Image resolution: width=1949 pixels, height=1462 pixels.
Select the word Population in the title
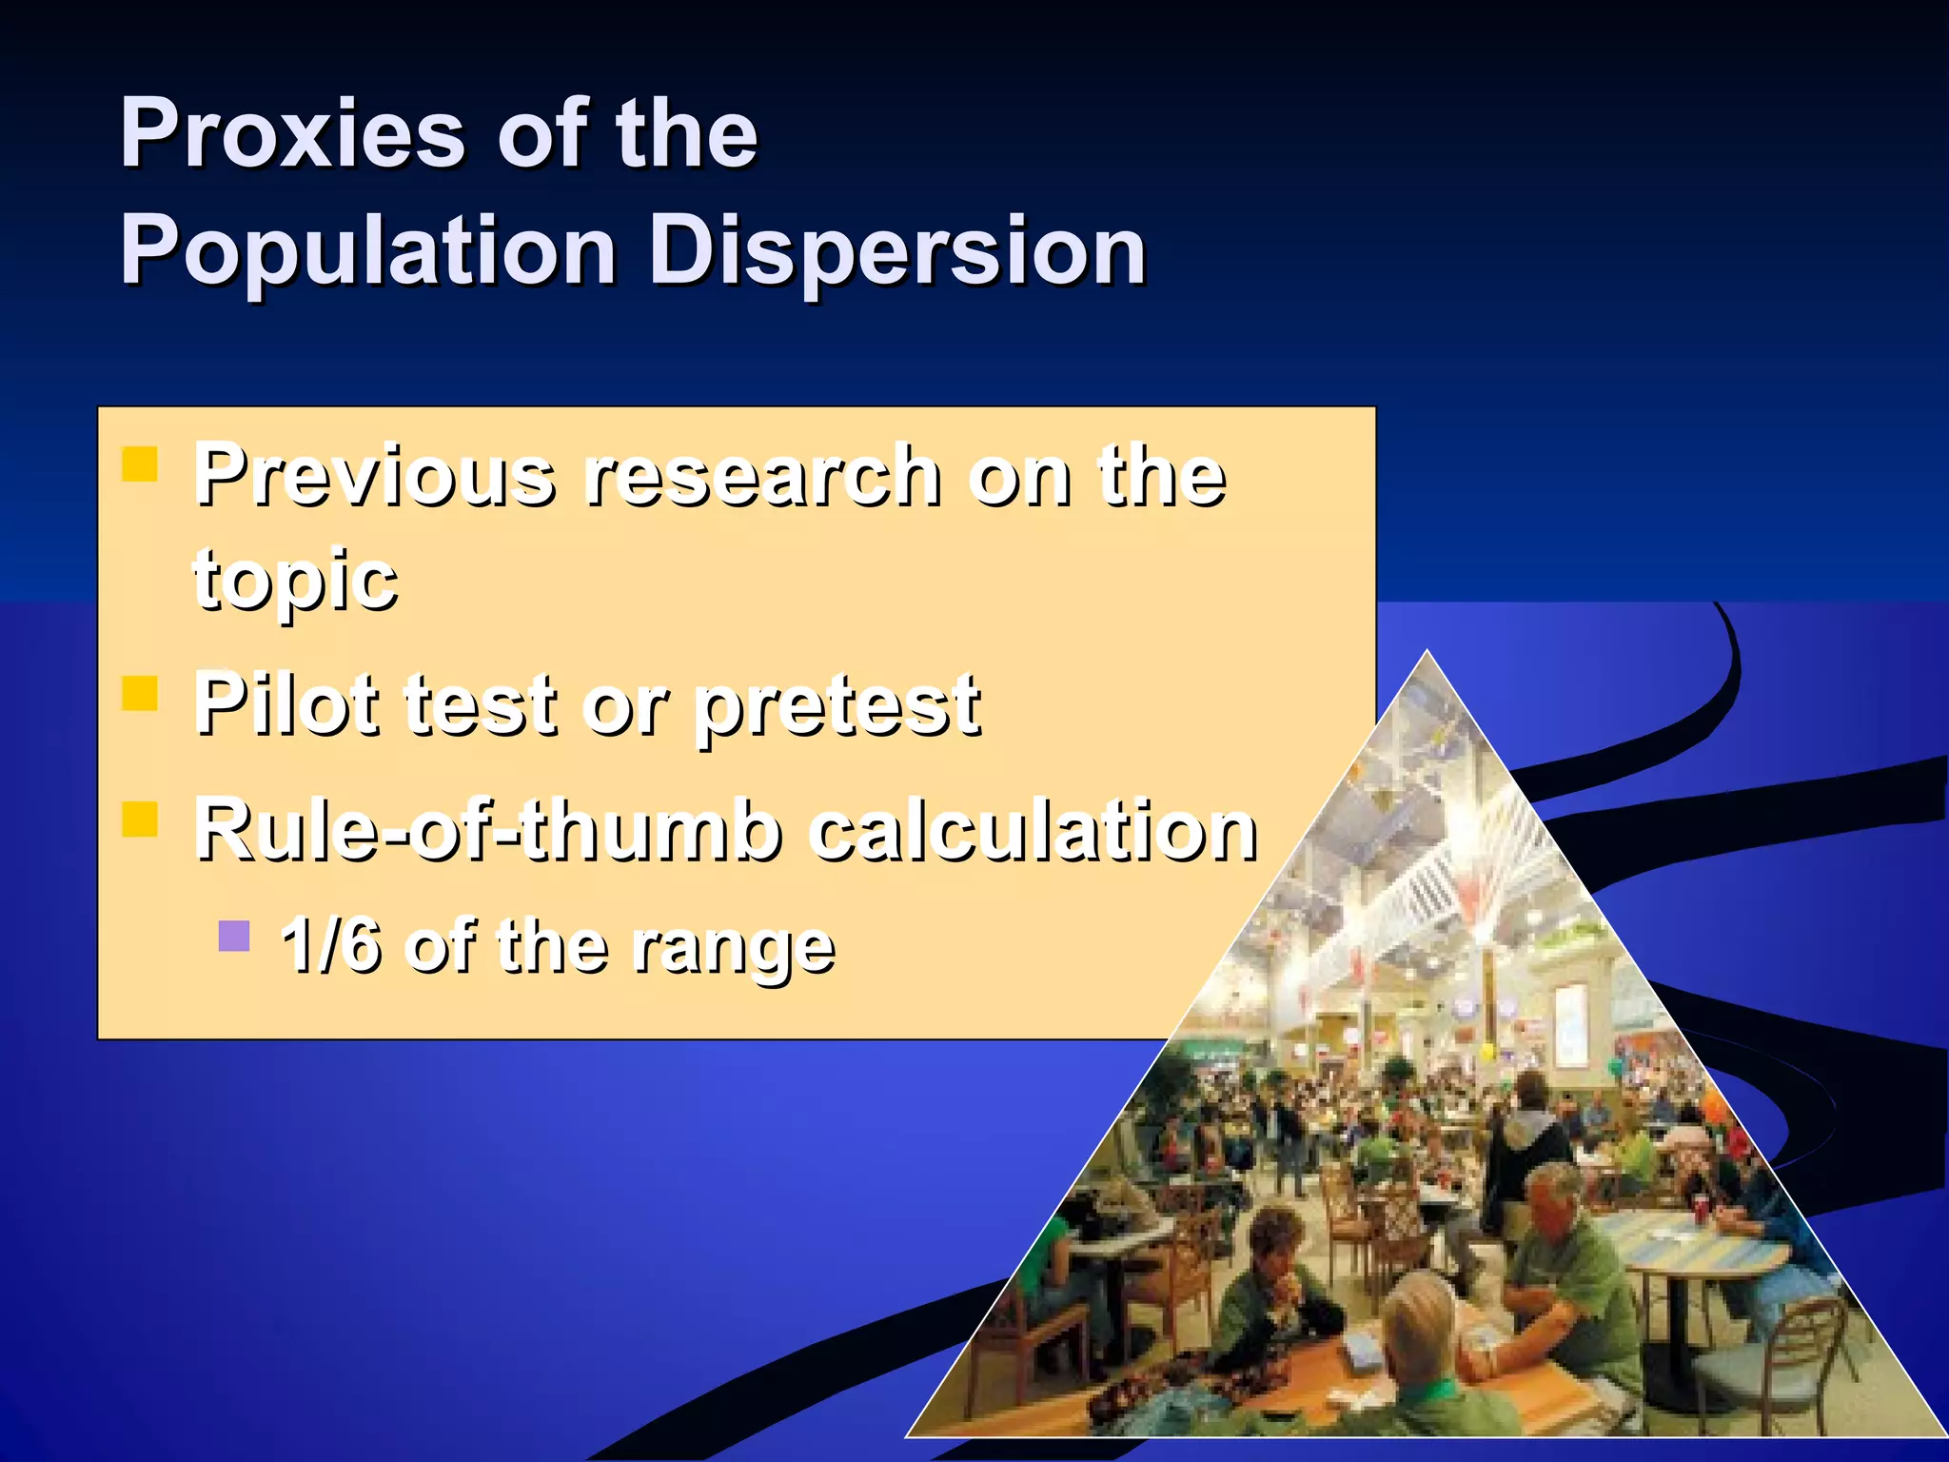point(367,251)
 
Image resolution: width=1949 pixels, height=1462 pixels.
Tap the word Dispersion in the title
point(898,251)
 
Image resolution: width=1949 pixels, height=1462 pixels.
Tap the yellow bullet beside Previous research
point(140,465)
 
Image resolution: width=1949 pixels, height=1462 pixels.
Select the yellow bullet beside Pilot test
point(140,694)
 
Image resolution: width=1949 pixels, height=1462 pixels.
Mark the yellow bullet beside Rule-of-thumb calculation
point(140,820)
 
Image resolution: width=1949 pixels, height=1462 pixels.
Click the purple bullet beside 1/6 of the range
point(234,937)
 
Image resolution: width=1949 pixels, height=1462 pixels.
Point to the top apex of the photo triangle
point(1427,655)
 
